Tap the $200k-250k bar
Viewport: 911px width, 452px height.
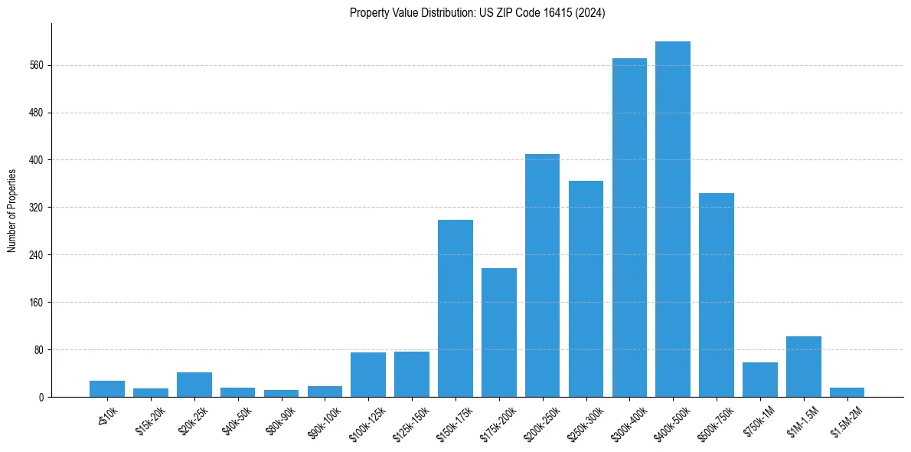[542, 276]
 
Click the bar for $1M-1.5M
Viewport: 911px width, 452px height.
[804, 367]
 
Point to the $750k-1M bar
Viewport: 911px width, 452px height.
[760, 380]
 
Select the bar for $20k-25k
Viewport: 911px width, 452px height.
[194, 385]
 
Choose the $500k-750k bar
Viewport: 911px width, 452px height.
[717, 295]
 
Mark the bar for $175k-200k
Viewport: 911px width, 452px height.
[498, 332]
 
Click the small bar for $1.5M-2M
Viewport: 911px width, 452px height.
[847, 392]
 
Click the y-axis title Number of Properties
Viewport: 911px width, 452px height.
[12, 211]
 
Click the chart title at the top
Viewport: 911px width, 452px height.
[477, 13]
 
